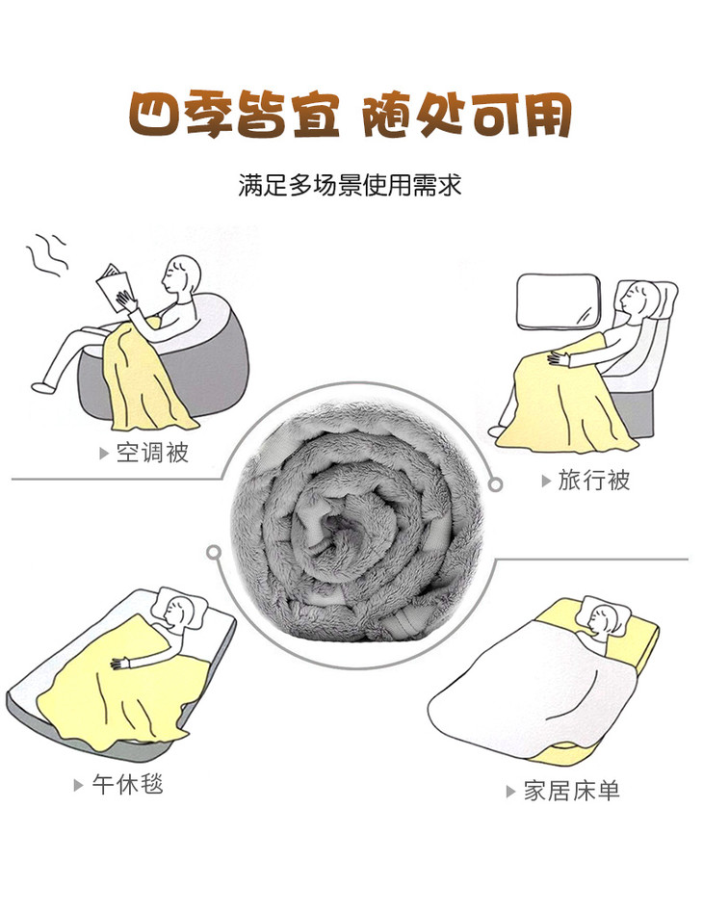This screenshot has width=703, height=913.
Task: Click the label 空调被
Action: point(152,453)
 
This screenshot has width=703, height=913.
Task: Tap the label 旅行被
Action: point(594,481)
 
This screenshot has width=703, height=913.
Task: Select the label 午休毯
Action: point(127,784)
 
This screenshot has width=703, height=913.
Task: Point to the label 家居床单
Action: point(571,791)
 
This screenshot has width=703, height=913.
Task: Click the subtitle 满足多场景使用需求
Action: point(350,186)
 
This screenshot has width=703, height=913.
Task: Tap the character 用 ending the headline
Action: point(546,115)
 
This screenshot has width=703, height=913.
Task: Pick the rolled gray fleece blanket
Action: point(356,522)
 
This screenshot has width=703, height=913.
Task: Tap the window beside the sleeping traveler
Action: point(559,301)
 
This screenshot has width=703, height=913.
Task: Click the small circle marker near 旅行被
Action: point(495,484)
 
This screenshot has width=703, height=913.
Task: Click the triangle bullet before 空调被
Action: point(104,453)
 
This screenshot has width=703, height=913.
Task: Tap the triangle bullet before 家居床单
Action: point(510,792)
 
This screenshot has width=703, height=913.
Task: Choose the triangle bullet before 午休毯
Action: point(79,785)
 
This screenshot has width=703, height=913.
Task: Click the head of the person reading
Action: point(181,276)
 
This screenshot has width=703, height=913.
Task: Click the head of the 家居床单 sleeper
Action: point(604,619)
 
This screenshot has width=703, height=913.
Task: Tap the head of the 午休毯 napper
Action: point(179,612)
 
